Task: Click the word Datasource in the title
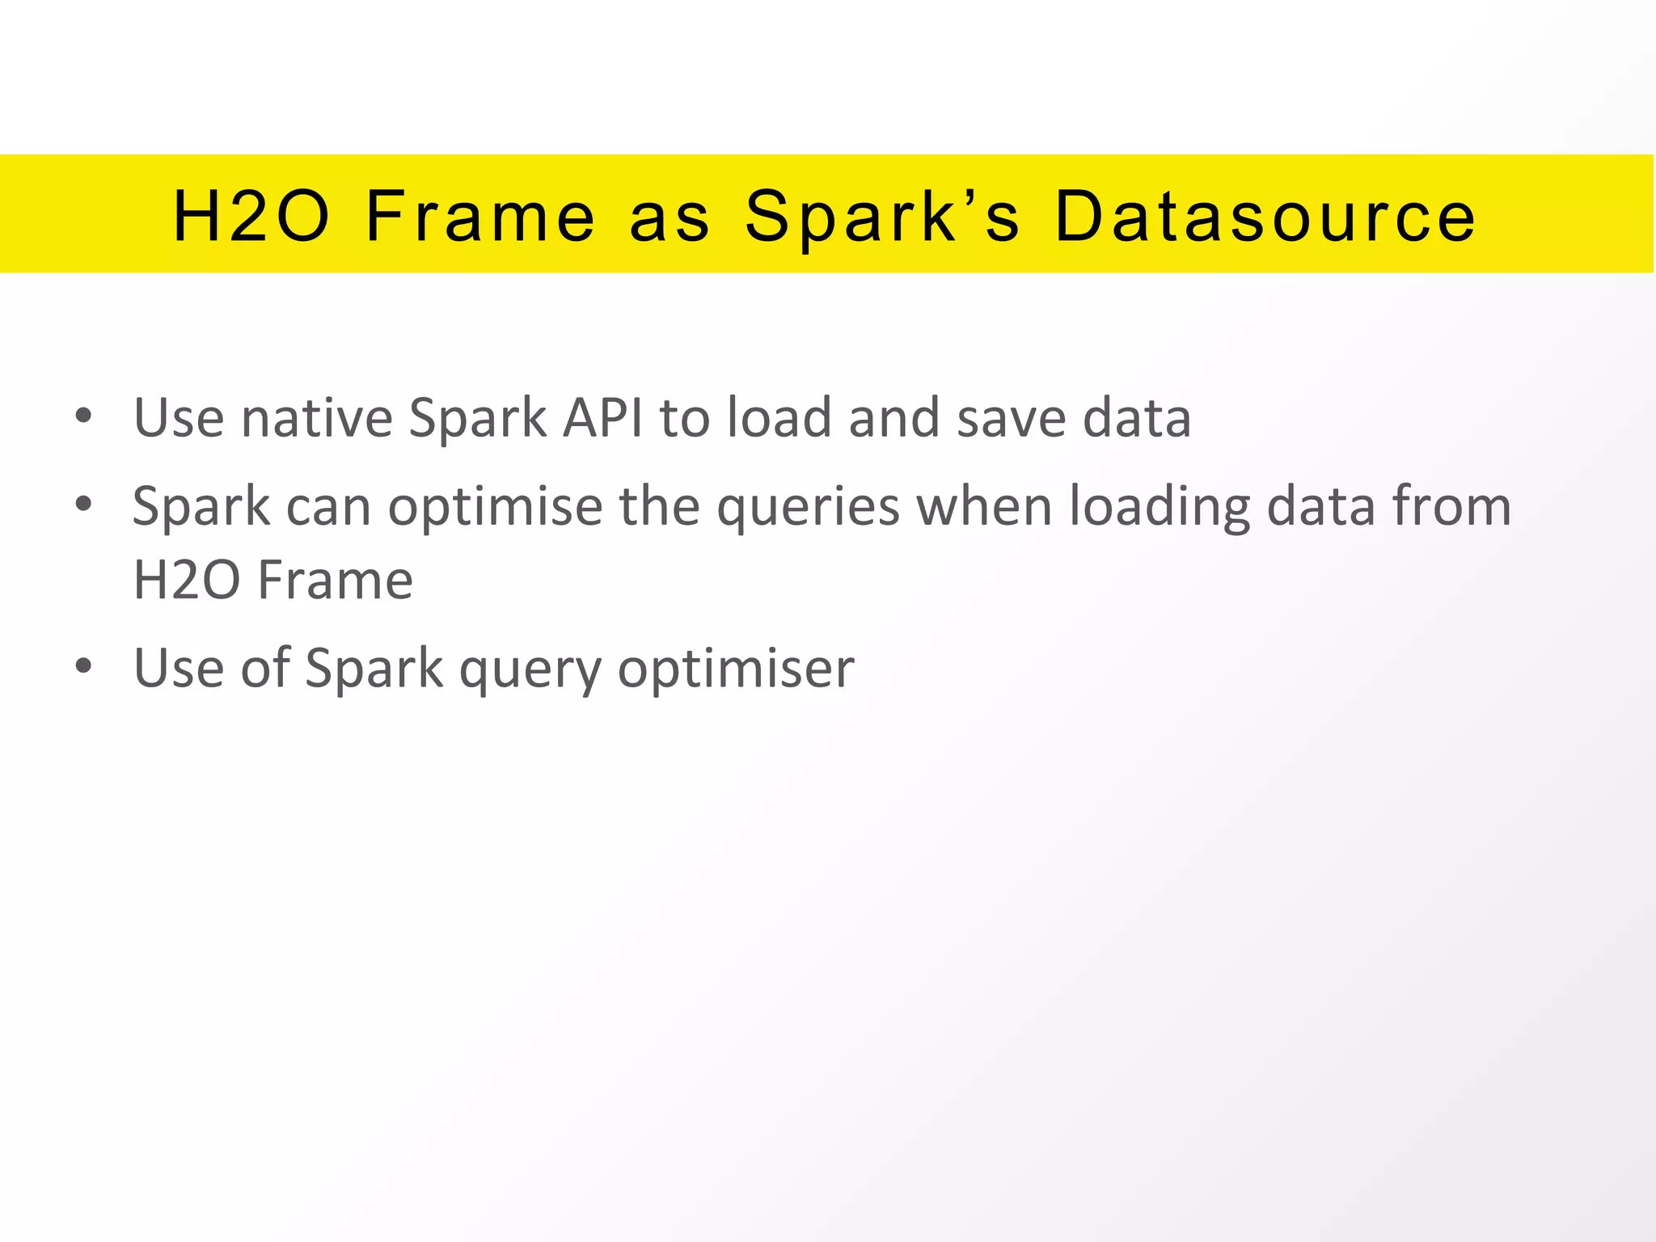(x=1265, y=216)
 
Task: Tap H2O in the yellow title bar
(x=252, y=216)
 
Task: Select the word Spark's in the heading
(x=882, y=216)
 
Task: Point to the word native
(x=317, y=418)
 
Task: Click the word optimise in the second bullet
(x=496, y=508)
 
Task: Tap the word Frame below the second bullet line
(x=336, y=581)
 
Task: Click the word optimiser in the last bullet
(x=736, y=670)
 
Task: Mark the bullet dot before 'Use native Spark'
(x=83, y=416)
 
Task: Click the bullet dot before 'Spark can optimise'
(x=83, y=505)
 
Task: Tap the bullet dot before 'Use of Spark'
(x=83, y=667)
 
